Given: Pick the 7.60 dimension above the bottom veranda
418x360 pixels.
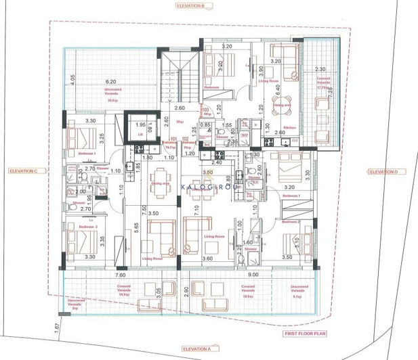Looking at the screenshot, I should pos(120,275).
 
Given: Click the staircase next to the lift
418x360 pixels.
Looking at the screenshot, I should pos(180,74).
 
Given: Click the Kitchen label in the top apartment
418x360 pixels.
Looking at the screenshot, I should pos(288,127).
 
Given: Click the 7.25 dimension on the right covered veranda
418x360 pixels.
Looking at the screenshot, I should pos(331,95).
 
